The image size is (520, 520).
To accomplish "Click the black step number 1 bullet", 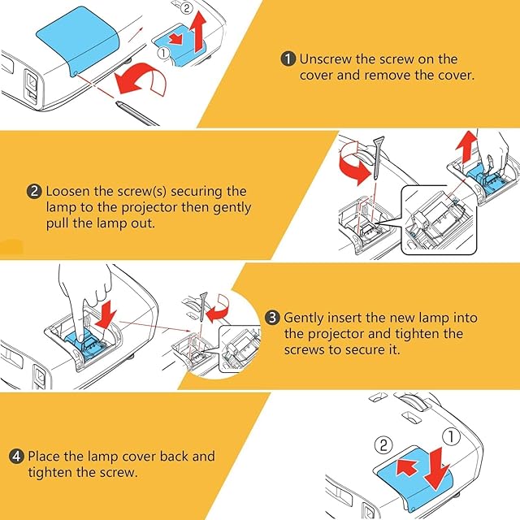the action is [x=288, y=59].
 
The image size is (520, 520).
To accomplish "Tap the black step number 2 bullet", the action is [x=34, y=192].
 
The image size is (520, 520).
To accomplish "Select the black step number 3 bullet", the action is [x=272, y=318].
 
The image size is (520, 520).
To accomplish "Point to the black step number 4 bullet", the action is [x=16, y=457].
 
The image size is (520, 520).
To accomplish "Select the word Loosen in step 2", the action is [x=68, y=192].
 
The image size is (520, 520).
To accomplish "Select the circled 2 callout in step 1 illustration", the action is [x=187, y=7].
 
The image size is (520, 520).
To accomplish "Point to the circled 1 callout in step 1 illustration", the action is [x=163, y=53].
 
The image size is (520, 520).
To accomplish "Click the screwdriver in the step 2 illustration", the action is [x=377, y=158].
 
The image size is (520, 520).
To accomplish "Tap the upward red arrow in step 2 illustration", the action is [x=466, y=146].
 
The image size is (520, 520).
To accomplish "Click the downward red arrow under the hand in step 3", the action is [x=106, y=314].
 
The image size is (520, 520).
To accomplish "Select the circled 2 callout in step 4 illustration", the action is [x=383, y=444].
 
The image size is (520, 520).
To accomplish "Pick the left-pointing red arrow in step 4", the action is [x=407, y=466].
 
